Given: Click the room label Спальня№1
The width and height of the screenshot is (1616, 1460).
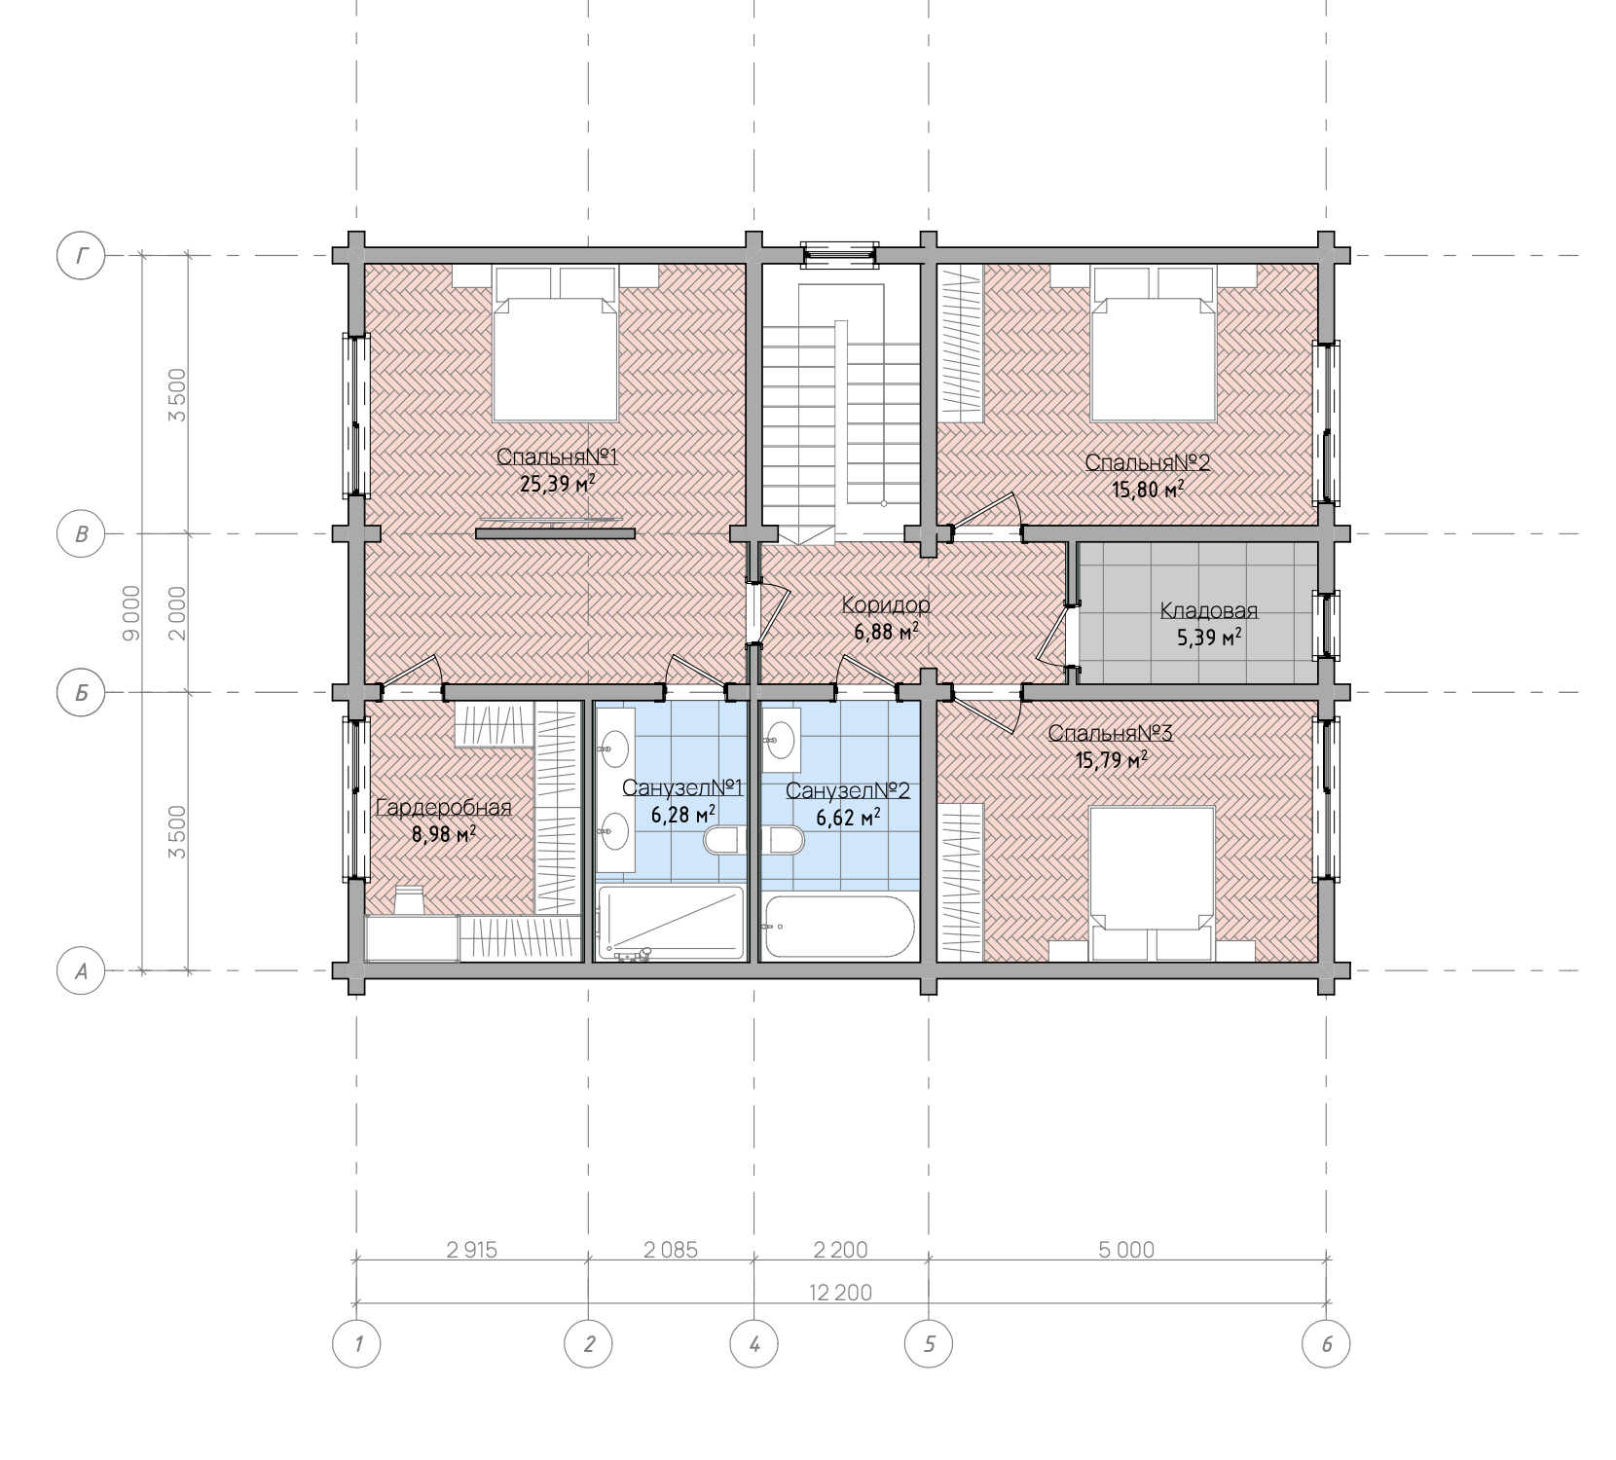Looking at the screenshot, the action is click(558, 456).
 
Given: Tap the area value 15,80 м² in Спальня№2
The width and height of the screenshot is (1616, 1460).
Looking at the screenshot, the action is click(1149, 489).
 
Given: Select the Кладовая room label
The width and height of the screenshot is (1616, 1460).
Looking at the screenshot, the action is click(1209, 611).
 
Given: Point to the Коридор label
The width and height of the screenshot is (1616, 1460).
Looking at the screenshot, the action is click(886, 605).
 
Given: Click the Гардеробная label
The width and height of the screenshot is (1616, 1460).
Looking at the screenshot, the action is click(443, 808).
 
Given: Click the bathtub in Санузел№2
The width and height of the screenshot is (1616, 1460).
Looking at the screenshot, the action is click(839, 927).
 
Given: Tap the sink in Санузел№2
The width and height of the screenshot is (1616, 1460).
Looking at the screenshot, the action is click(781, 734).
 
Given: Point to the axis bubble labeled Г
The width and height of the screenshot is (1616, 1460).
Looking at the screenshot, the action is click(82, 256).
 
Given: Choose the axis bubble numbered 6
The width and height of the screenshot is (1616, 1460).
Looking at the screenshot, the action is click(1327, 1345).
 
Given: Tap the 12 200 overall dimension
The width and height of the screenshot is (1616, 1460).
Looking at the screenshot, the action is click(840, 1293).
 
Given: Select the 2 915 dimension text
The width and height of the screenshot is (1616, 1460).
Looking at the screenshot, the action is click(472, 1250).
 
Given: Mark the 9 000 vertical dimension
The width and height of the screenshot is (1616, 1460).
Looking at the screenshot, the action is click(131, 613).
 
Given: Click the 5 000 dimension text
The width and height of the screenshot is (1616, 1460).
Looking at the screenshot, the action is click(1127, 1250).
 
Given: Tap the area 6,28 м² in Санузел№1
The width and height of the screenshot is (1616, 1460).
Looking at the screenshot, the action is click(683, 814).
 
